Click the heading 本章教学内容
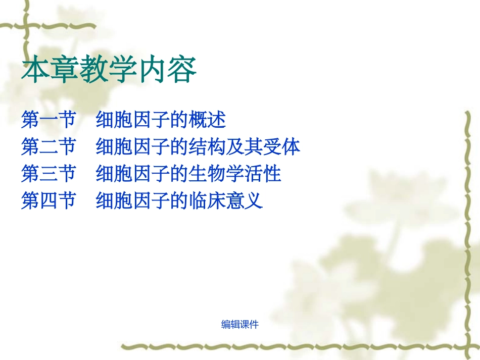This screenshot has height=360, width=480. (108, 70)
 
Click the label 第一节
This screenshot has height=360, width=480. (48, 120)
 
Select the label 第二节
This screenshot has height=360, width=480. (48, 147)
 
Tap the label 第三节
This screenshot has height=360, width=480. (48, 174)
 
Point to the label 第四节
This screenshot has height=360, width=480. (48, 201)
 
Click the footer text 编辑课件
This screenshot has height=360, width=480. (240, 325)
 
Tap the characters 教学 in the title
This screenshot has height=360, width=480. (108, 70)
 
